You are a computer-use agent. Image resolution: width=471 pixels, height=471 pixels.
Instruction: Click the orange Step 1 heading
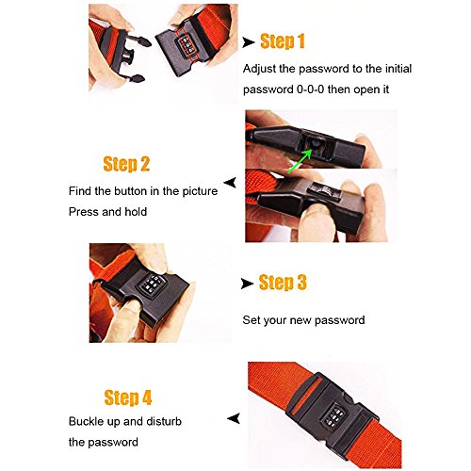point(283,41)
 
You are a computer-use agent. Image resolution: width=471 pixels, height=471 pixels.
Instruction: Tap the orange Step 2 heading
point(126,164)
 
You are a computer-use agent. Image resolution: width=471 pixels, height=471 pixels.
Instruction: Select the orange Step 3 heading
point(283,282)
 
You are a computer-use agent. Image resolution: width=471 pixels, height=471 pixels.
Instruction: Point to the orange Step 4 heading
point(128,398)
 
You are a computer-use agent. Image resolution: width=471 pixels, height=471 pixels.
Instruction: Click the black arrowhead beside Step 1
point(248,42)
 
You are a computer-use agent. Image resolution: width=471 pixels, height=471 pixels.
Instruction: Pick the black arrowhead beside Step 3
point(247,284)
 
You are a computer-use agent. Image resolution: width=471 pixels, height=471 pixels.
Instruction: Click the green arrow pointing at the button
point(300,161)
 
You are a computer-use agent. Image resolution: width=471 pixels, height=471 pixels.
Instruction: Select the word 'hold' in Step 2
point(136,212)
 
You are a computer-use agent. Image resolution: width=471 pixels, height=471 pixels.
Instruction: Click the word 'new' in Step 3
point(300,320)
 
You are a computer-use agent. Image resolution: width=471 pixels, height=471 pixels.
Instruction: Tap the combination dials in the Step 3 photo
point(152,284)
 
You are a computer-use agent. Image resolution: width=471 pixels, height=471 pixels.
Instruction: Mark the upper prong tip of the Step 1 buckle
point(147,41)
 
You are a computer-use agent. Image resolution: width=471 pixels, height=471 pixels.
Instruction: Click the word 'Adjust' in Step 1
point(259,69)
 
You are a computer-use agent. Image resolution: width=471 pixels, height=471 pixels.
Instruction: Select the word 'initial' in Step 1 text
point(398,69)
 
